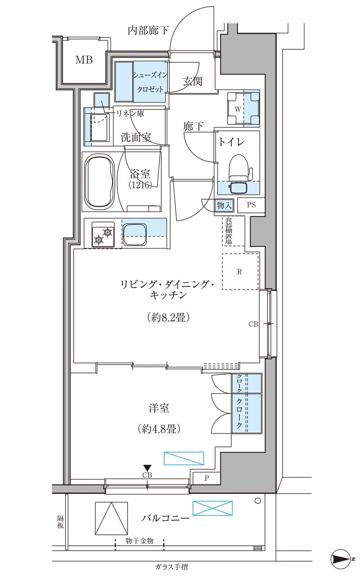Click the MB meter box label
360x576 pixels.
tap(84, 60)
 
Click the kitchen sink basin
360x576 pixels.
tap(135, 234)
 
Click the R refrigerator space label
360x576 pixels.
tap(239, 272)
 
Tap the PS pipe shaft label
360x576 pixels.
tap(251, 205)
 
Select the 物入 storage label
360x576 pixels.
tap(224, 205)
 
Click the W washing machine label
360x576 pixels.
tap(238, 109)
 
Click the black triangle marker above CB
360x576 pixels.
tap(147, 468)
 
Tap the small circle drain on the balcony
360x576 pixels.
tap(258, 500)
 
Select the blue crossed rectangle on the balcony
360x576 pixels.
tap(212, 508)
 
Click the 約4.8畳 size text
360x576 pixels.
tap(159, 429)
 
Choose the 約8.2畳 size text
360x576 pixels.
tap(168, 318)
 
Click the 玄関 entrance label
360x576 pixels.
tap(193, 81)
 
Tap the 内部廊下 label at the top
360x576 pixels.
tap(148, 30)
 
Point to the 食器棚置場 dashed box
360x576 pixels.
tap(233, 231)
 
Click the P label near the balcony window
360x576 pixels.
tap(207, 478)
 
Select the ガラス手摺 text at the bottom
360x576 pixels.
tap(171, 567)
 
